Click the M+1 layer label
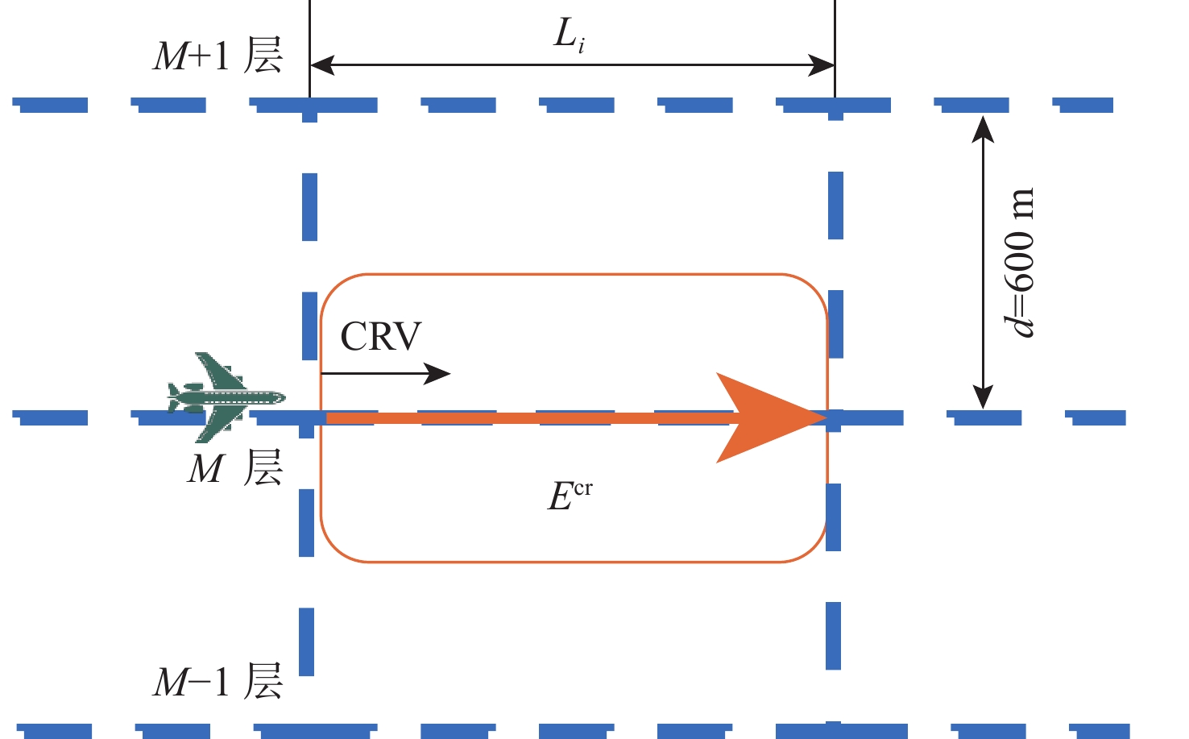217,56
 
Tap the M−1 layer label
217,682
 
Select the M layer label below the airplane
234,468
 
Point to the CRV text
381,337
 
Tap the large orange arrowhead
765,417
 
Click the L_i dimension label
569,35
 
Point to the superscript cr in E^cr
582,488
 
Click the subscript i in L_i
581,46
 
